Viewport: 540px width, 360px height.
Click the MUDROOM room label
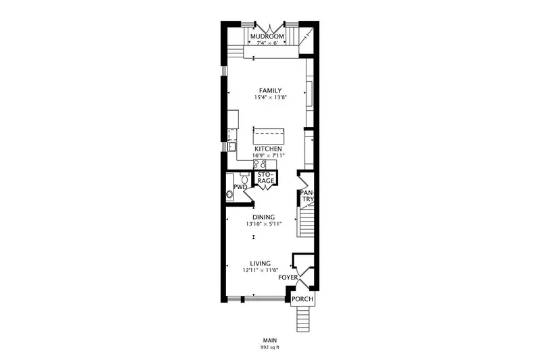tap(267, 36)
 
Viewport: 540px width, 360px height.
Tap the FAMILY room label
tap(271, 91)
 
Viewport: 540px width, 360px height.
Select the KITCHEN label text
tap(268, 149)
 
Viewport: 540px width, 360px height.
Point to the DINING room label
tap(263, 217)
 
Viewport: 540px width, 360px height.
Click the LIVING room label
tap(261, 263)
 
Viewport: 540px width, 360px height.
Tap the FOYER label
tap(288, 278)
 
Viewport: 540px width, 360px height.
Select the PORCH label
tap(302, 299)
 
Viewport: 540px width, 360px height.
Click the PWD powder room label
tap(240, 186)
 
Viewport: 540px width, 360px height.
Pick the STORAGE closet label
tap(266, 178)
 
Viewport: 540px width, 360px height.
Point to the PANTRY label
tap(307, 196)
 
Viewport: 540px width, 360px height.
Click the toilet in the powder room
tap(245, 178)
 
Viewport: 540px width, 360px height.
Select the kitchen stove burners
tap(260, 164)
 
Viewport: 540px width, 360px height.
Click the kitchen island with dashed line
tap(269, 136)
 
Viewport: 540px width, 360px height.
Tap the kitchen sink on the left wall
tap(232, 147)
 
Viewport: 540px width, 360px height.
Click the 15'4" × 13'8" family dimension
tap(271, 97)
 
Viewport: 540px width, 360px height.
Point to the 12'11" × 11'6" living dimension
tap(261, 270)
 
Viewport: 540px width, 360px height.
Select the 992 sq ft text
tap(270, 347)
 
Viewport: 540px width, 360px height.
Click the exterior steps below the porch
tap(304, 319)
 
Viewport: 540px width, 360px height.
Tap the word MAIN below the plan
tap(270, 340)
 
